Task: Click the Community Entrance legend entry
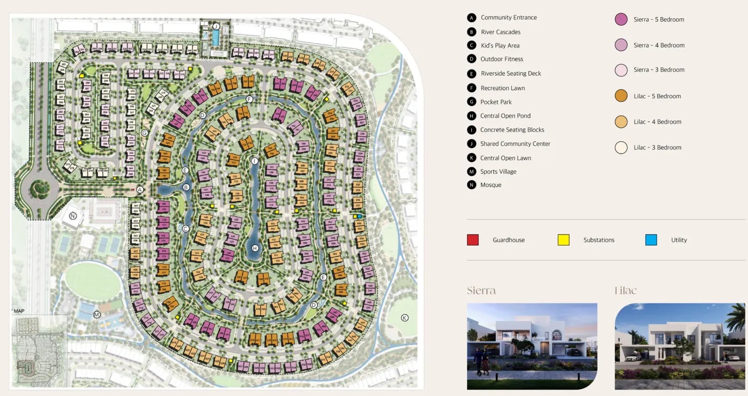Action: click(x=508, y=18)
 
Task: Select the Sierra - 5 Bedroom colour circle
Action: click(x=621, y=19)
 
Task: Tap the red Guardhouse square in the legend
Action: click(x=472, y=240)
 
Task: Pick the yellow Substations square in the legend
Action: click(x=563, y=240)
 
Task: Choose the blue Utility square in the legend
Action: click(x=651, y=240)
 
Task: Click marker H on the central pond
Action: click(x=255, y=248)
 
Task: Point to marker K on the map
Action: click(x=404, y=318)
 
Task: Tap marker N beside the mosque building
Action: click(x=73, y=216)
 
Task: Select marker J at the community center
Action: click(x=216, y=26)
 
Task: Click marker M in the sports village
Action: click(x=97, y=314)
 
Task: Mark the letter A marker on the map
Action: click(x=139, y=189)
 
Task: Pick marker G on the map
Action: click(x=144, y=133)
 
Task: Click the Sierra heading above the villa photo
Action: click(x=481, y=291)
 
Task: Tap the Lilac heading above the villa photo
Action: click(x=626, y=291)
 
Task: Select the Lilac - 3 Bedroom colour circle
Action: click(x=621, y=147)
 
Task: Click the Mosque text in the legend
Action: click(x=490, y=185)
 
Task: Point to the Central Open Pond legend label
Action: click(x=505, y=116)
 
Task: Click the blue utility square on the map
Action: click(x=360, y=216)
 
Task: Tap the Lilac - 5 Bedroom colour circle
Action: click(x=621, y=96)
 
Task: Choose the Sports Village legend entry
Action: click(x=498, y=171)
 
